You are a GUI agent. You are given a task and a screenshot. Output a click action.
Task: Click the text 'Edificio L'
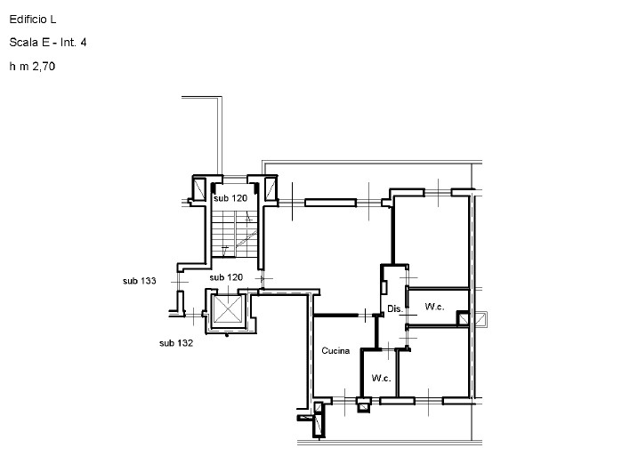(x=32, y=18)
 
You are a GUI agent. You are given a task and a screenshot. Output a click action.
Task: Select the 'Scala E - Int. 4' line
(x=47, y=42)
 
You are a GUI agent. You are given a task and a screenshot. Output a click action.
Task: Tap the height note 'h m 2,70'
(x=33, y=66)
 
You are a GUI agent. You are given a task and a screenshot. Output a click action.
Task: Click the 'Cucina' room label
(x=335, y=351)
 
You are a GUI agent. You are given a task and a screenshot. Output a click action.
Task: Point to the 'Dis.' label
(x=394, y=308)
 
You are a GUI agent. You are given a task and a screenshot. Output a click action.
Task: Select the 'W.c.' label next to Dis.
(x=434, y=307)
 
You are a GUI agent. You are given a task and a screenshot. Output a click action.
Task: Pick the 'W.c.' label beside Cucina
(x=382, y=378)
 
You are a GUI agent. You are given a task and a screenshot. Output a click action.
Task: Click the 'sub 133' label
(x=140, y=281)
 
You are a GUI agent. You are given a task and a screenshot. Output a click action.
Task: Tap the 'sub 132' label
(x=176, y=342)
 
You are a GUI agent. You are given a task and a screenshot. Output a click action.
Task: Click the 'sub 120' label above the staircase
(x=230, y=198)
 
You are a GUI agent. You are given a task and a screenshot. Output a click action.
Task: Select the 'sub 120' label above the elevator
(x=226, y=277)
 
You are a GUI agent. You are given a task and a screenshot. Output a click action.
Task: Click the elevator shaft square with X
(x=226, y=310)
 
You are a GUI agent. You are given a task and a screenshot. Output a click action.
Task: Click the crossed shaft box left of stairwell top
(x=200, y=188)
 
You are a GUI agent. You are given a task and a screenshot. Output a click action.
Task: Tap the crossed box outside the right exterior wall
(x=481, y=319)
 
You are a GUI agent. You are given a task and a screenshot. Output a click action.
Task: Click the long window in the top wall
(x=330, y=203)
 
